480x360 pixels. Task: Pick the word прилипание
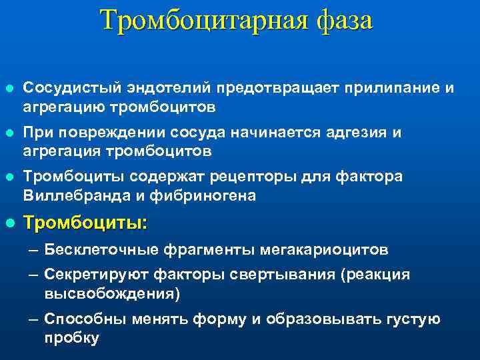[x=379, y=87]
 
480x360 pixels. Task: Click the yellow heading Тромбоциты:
[x=85, y=223]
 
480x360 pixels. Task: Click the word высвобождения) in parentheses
[x=113, y=294]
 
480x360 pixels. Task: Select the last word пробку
[x=72, y=338]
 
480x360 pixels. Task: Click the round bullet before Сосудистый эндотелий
[x=9, y=88]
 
